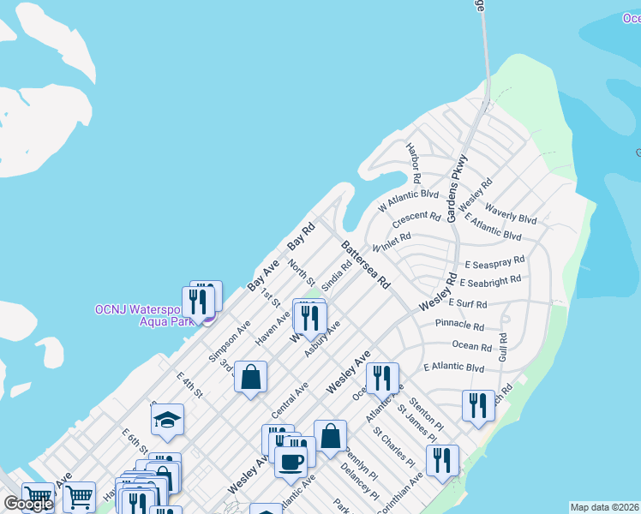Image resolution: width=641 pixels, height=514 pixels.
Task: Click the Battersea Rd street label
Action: (x=366, y=264)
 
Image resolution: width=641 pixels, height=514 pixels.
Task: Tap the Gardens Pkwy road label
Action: (x=458, y=188)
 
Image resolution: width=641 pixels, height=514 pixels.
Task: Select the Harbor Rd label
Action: (x=415, y=164)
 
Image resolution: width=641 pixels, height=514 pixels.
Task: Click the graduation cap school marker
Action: (x=167, y=420)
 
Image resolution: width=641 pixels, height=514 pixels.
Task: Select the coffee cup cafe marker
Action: (x=290, y=463)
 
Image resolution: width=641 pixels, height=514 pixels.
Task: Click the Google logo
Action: (x=27, y=504)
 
